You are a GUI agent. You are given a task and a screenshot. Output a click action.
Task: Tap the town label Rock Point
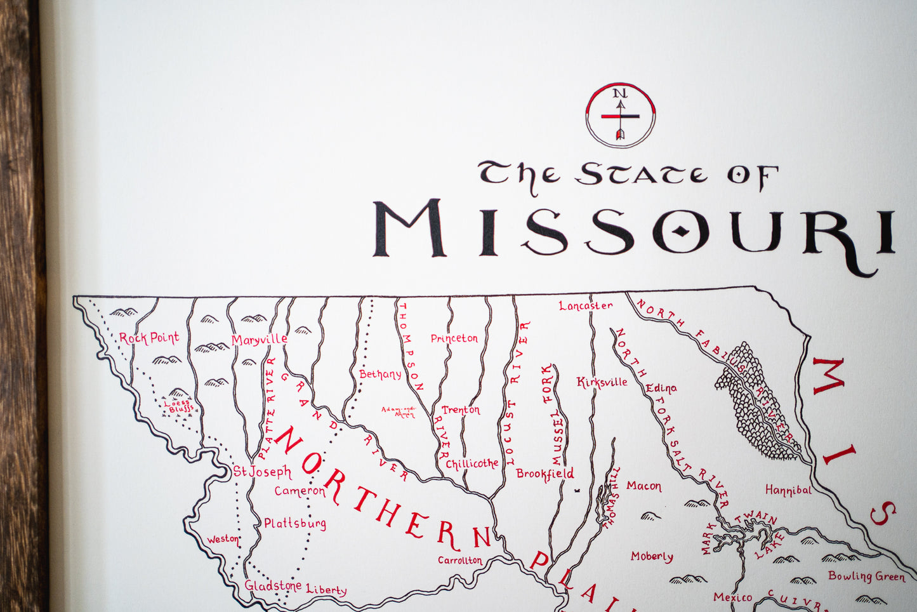[149, 338]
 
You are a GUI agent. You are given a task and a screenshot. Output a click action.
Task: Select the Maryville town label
[259, 340]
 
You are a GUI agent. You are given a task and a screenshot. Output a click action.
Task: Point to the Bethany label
[380, 374]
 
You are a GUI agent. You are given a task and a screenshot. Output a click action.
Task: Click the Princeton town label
[454, 338]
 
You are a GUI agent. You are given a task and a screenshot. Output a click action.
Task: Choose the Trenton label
[461, 410]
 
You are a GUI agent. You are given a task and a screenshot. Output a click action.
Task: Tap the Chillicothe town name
[472, 463]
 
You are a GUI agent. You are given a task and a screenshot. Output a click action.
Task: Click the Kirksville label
[602, 382]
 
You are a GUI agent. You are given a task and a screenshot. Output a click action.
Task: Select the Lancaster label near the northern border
[586, 305]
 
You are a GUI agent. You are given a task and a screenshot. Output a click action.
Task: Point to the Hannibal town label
[788, 490]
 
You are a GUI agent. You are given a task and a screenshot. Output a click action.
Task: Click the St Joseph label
[262, 472]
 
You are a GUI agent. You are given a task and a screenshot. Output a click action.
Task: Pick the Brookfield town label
[544, 474]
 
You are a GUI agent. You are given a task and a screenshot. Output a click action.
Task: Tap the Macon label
[643, 486]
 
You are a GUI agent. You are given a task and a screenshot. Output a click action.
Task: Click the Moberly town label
[652, 556]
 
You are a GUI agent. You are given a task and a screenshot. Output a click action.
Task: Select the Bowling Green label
[866, 576]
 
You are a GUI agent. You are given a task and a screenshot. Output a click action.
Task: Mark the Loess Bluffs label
[178, 406]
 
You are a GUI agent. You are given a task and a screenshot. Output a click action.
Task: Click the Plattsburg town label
[295, 524]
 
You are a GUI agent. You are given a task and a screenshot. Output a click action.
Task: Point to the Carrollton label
[460, 560]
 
